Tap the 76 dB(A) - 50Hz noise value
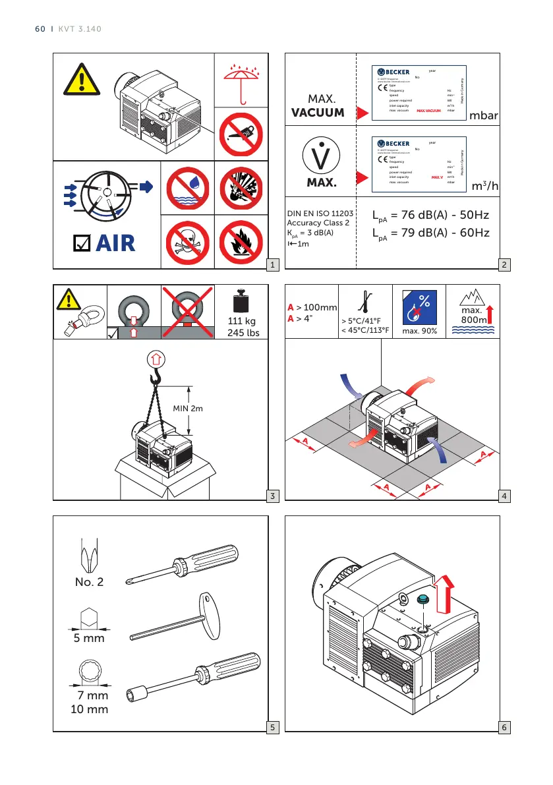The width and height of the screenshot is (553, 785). coord(431,216)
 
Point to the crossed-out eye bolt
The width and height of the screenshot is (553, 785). coord(188,310)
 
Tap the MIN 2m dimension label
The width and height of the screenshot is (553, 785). coord(188,408)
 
